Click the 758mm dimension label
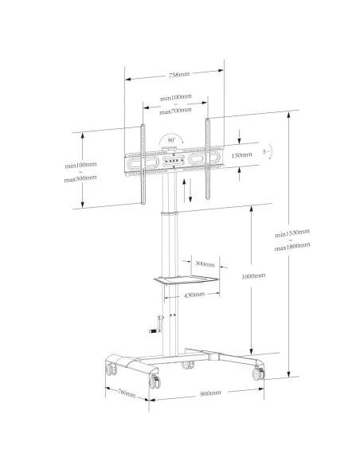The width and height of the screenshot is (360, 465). point(179,74)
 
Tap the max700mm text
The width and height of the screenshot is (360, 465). point(175,111)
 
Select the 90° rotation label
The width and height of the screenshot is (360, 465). point(171,140)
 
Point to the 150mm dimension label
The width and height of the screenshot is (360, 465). point(241,154)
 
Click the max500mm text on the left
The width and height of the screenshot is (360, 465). point(80,178)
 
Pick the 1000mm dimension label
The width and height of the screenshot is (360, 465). point(253,276)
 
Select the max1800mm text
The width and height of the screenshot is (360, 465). point(292,247)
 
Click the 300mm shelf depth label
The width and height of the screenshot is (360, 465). point(205,264)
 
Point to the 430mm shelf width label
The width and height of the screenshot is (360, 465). point(194,295)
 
